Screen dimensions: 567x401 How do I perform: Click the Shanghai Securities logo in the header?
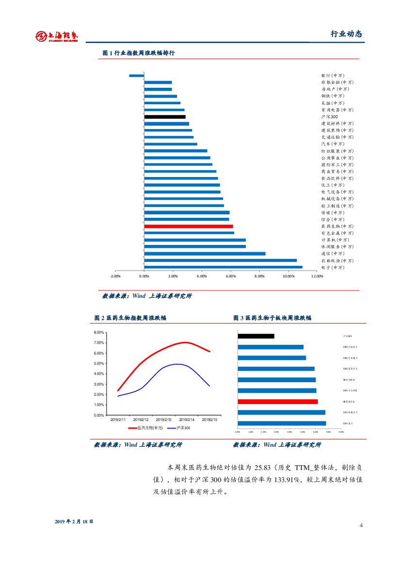57,35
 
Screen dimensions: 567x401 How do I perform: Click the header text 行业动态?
346,34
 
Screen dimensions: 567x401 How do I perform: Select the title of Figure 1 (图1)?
138,53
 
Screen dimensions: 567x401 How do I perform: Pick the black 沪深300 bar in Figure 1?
165,117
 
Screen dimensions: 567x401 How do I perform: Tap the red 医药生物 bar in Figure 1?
189,227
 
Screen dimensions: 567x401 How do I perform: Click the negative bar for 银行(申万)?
136,76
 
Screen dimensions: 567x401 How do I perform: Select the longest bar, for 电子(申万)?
223,267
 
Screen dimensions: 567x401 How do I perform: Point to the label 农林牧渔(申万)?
337,260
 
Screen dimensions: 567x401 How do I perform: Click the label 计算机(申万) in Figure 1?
335,240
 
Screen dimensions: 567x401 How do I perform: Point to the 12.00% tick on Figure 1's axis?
317,276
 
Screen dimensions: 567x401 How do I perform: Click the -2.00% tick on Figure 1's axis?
115,276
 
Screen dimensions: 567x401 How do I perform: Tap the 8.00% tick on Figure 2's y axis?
98,332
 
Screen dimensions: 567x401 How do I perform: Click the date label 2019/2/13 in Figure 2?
164,419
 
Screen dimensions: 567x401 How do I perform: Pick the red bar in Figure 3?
278,402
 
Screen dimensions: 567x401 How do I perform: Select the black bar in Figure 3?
256,336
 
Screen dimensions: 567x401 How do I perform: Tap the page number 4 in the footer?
361,526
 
